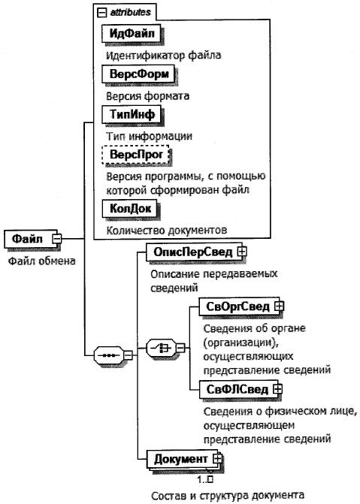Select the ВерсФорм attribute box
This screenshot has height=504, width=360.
coord(138,74)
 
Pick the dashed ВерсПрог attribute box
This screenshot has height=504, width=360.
coord(135,155)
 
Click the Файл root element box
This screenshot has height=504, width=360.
coord(31,239)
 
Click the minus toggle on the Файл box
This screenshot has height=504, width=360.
coord(57,239)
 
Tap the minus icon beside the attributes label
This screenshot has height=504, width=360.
coord(101,13)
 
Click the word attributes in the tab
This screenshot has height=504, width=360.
coord(130,13)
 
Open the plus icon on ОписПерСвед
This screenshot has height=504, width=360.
coord(242,252)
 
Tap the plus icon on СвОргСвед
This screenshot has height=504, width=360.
coord(280,306)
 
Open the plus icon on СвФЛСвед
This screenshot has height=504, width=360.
coord(277,389)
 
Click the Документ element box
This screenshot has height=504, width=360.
coord(184,459)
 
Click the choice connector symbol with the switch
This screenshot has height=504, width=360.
coord(162,348)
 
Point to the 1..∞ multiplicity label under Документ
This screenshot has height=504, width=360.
coord(205,479)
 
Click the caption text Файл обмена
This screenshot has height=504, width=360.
coord(41,261)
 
